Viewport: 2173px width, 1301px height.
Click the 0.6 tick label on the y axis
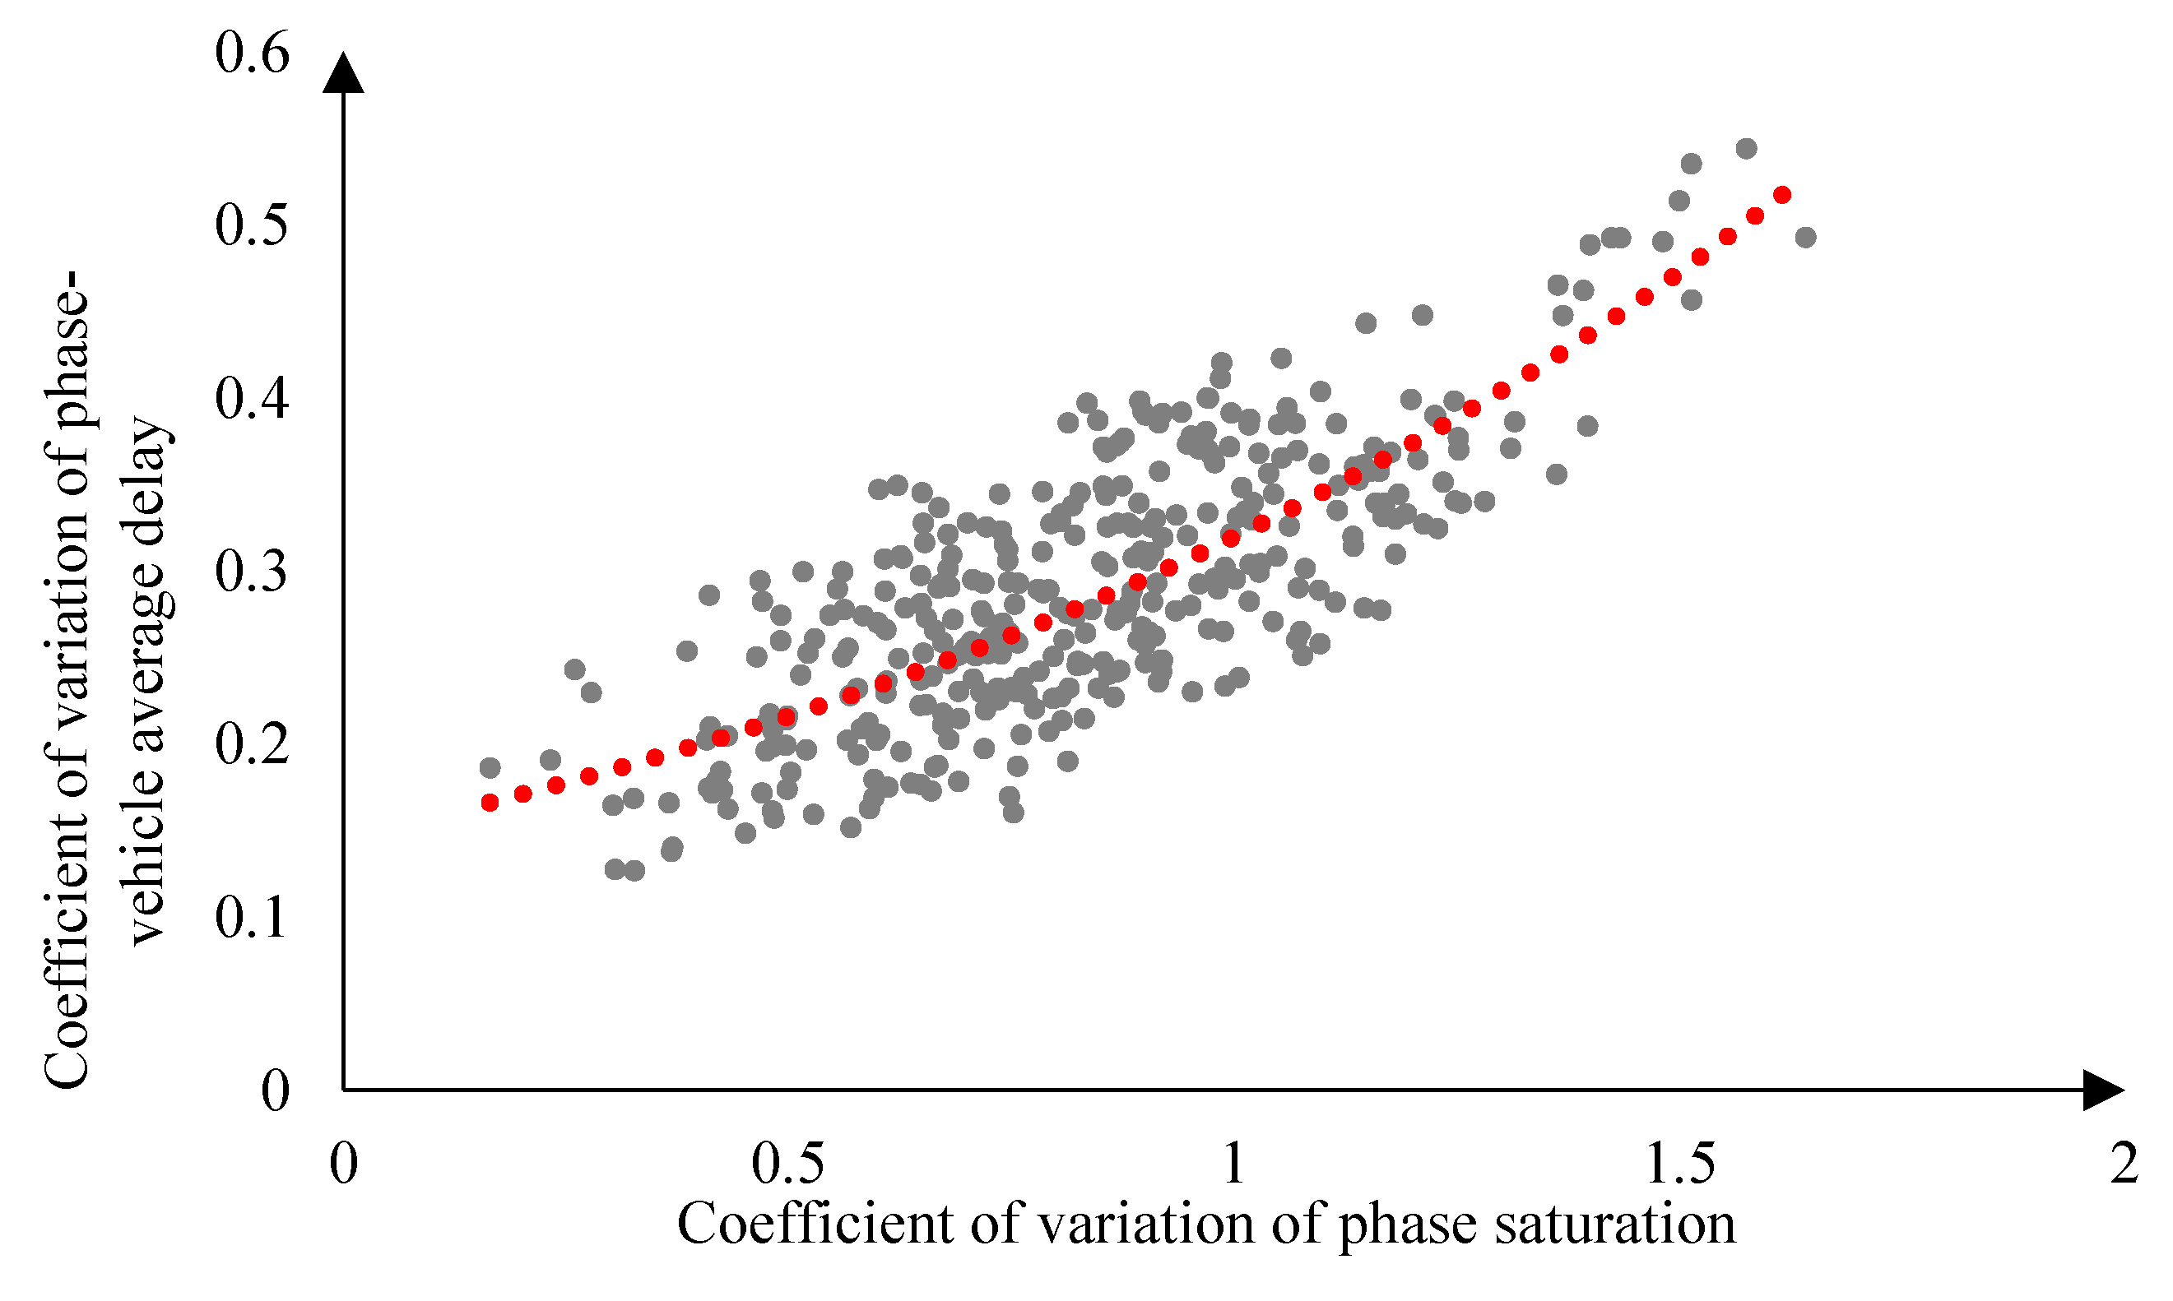point(252,54)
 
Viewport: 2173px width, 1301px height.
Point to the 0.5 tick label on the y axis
point(252,225)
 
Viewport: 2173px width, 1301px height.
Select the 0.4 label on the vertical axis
point(252,399)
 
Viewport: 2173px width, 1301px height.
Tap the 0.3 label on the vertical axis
point(252,572)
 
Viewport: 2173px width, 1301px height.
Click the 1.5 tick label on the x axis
point(1680,1164)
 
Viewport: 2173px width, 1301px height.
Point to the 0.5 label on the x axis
point(787,1164)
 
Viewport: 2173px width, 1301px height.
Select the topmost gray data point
point(1746,148)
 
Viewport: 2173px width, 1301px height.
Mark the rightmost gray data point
point(1804,237)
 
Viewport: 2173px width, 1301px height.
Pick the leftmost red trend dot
point(490,802)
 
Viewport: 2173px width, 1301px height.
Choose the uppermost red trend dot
point(1782,195)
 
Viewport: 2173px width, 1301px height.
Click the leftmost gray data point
point(490,768)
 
